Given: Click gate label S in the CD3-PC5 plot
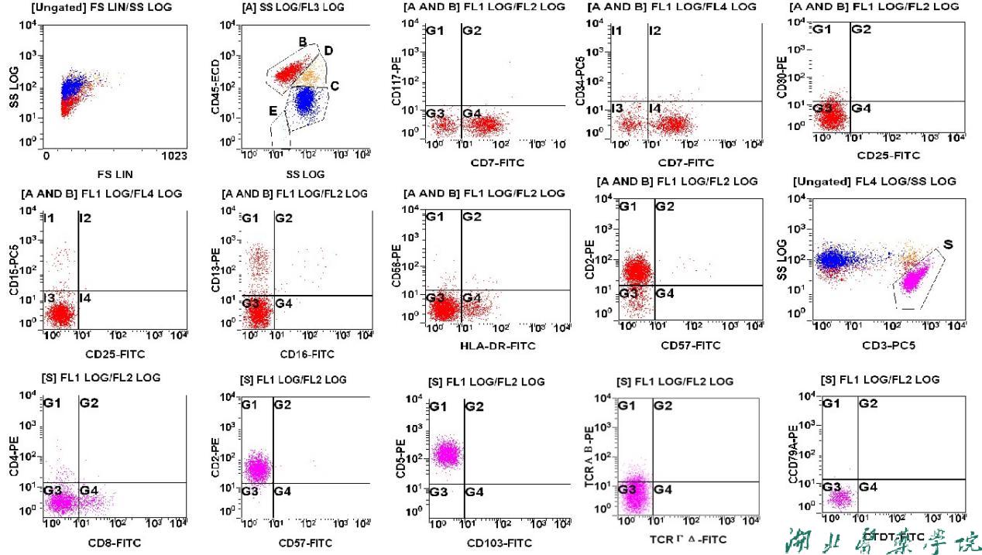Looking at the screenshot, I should (x=947, y=245).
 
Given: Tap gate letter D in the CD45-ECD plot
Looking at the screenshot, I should (x=328, y=51).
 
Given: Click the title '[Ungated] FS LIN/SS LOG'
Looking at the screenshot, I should (x=91, y=8).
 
